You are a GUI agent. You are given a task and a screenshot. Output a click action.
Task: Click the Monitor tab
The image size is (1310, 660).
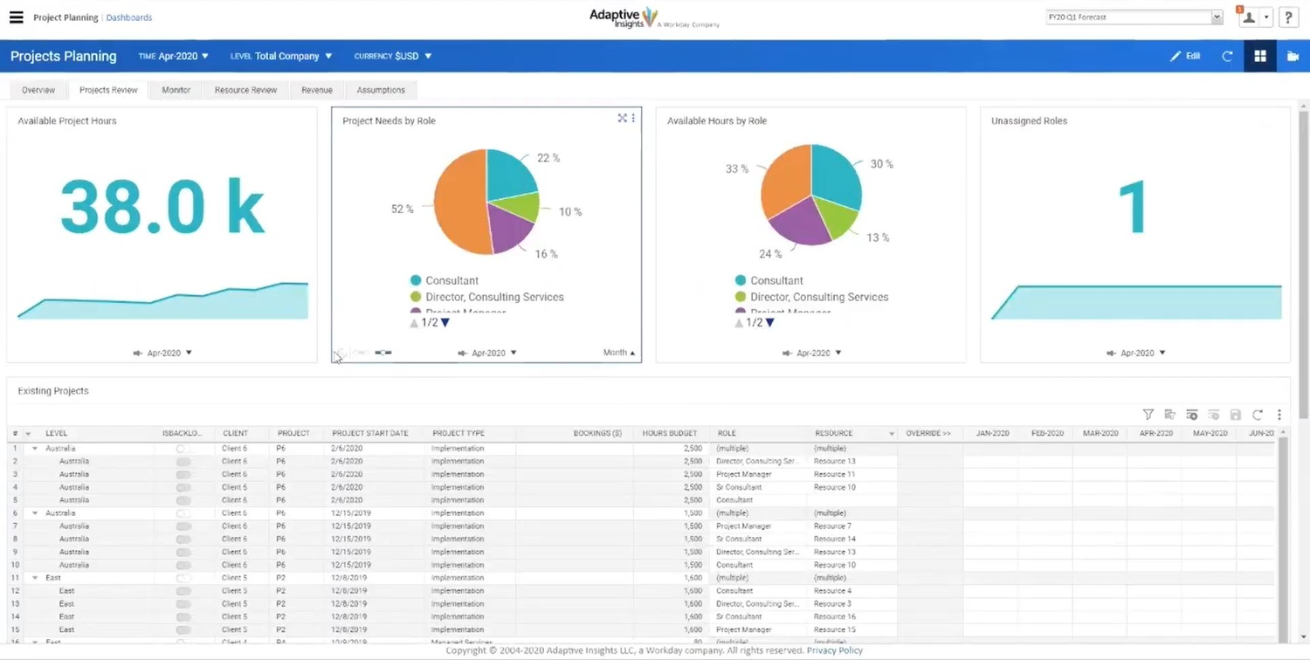[x=176, y=90]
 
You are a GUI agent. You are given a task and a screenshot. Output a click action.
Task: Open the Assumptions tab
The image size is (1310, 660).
[x=381, y=90]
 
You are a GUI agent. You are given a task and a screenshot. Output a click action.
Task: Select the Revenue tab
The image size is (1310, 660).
[x=316, y=90]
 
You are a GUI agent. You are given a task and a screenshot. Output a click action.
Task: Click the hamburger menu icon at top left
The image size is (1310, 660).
[x=16, y=17]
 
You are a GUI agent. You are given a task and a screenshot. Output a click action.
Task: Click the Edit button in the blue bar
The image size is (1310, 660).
[x=1185, y=56]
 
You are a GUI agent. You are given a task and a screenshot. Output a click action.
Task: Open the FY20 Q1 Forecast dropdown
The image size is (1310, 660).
[x=1134, y=17]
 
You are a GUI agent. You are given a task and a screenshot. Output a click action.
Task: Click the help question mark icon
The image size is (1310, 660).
[x=1288, y=17]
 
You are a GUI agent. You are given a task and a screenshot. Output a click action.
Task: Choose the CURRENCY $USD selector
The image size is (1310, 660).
[x=392, y=56]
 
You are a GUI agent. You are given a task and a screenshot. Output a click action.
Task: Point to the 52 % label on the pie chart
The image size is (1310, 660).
[x=402, y=210]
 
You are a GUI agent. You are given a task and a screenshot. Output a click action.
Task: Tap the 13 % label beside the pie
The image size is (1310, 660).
[x=878, y=237]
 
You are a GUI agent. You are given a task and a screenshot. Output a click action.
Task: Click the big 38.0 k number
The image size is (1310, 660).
[x=162, y=208]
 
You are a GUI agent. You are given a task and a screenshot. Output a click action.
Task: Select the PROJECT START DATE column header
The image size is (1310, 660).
[x=369, y=433]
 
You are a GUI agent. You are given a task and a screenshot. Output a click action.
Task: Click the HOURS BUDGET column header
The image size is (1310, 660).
[x=669, y=433]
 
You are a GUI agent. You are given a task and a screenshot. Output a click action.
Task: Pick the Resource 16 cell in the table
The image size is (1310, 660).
[x=834, y=616]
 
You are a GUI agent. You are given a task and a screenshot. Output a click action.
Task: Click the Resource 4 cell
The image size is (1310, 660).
[x=832, y=591]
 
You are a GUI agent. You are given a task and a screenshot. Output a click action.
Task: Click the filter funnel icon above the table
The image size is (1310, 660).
[x=1148, y=415]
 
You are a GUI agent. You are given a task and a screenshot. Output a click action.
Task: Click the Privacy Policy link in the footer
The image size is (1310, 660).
[x=834, y=650]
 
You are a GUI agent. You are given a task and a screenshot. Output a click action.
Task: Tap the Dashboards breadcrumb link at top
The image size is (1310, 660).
[x=128, y=17]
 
